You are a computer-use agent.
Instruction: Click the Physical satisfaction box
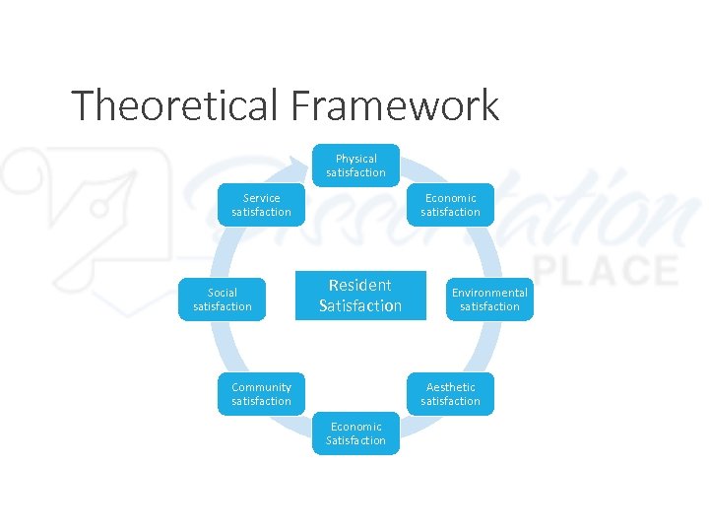pyautogui.click(x=356, y=166)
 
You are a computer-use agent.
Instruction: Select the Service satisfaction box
pyautogui.click(x=261, y=205)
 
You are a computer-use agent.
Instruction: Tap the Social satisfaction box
pyautogui.click(x=223, y=299)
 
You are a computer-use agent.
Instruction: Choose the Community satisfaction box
pyautogui.click(x=261, y=394)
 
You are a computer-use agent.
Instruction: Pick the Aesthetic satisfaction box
pyautogui.click(x=451, y=394)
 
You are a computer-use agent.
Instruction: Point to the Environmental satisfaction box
pyautogui.click(x=489, y=299)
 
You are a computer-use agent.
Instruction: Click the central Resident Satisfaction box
pyautogui.click(x=360, y=296)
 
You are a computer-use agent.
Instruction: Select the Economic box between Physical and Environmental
pyautogui.click(x=451, y=205)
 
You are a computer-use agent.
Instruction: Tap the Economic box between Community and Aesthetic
pyautogui.click(x=356, y=433)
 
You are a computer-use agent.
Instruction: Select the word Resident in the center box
pyautogui.click(x=360, y=286)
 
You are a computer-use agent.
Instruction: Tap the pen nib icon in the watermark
pyautogui.click(x=98, y=202)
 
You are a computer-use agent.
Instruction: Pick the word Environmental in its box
pyautogui.click(x=489, y=293)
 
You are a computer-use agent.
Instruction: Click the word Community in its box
pyautogui.click(x=261, y=387)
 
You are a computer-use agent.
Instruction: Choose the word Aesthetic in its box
pyautogui.click(x=451, y=387)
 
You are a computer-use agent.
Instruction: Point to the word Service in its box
pyautogui.click(x=261, y=198)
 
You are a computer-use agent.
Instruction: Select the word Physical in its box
pyautogui.click(x=356, y=159)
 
